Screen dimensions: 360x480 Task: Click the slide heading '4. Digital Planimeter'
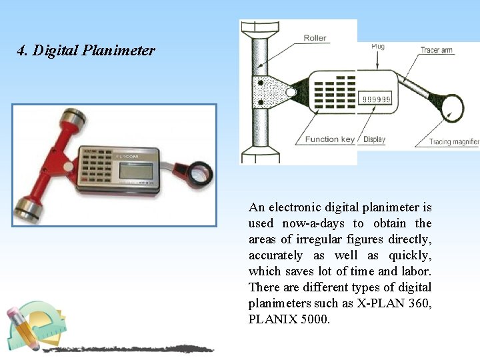pyautogui.click(x=86, y=51)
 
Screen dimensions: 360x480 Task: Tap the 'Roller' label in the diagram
pyautogui.click(x=315, y=38)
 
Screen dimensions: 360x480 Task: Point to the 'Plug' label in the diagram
pyautogui.click(x=377, y=47)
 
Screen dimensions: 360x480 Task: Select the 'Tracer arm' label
pyautogui.click(x=437, y=50)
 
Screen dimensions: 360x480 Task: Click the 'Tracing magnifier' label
pyautogui.click(x=454, y=141)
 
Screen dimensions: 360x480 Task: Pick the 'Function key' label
pyautogui.click(x=330, y=139)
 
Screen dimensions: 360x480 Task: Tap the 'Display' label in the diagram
pyautogui.click(x=374, y=139)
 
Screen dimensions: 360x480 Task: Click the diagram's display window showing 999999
pyautogui.click(x=377, y=99)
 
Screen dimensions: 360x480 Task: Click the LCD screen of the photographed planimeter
pyautogui.click(x=137, y=171)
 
